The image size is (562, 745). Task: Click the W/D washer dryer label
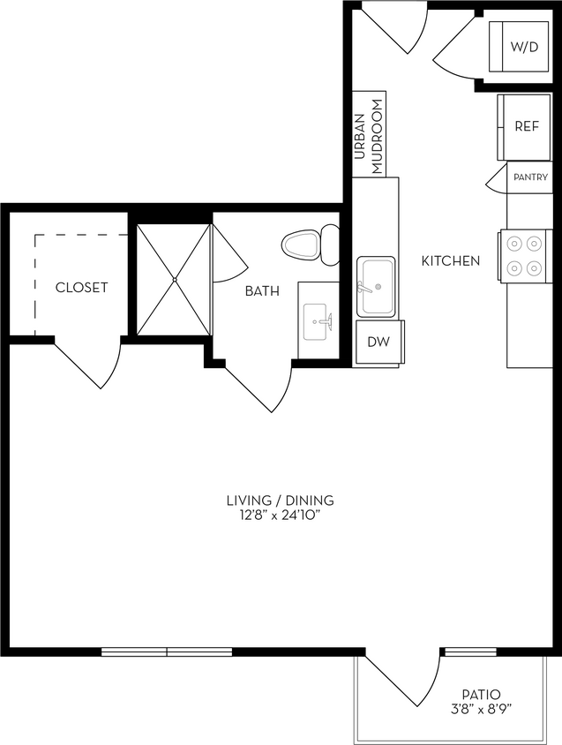coord(524,47)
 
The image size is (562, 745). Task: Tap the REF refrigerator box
coord(526,126)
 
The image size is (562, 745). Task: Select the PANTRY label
coord(531,177)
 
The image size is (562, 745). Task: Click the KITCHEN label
coord(450,260)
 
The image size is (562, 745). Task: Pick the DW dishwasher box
coord(378,342)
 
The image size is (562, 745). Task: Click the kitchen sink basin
coord(377,286)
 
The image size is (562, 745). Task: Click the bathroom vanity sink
coord(318,320)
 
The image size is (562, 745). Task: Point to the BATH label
coord(262,290)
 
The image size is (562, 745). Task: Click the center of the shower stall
coord(174,280)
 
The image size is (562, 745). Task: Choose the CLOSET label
coord(81,287)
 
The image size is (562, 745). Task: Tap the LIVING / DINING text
coord(280,500)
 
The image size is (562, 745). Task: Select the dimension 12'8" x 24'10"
coord(280,516)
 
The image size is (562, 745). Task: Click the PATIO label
coord(482,694)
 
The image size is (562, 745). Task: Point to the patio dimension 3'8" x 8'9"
coord(482,709)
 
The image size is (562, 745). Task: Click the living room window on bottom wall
coord(167,653)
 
